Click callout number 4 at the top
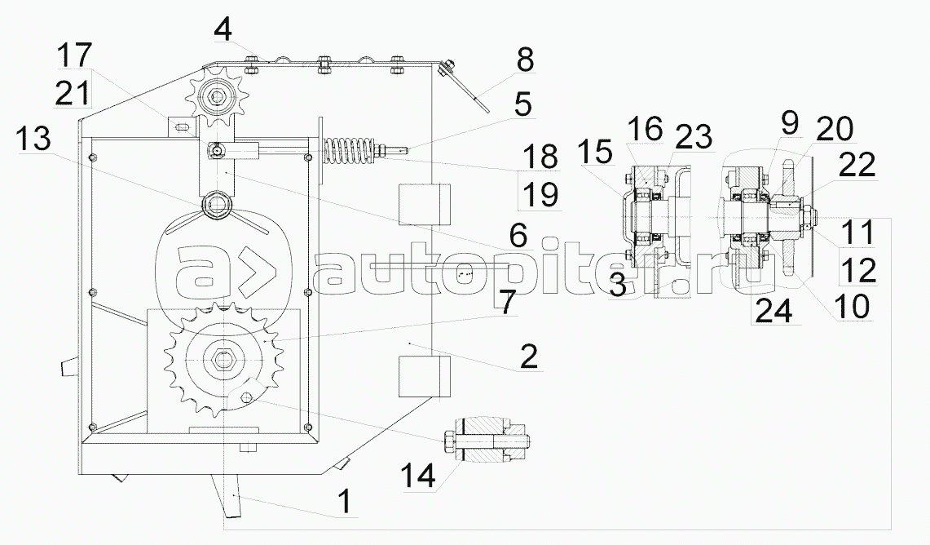[x=223, y=30]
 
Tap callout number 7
[x=506, y=302]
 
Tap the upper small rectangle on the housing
[x=425, y=203]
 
